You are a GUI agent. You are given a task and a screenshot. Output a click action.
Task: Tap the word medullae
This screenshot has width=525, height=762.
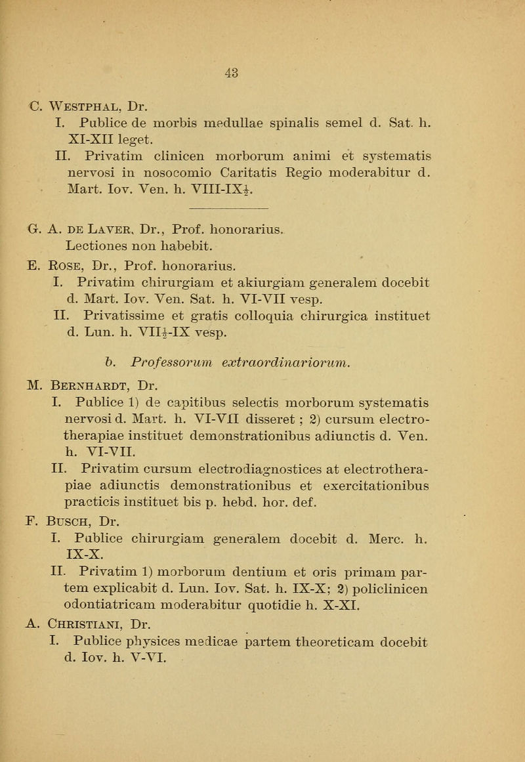pyautogui.click(x=247, y=119)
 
